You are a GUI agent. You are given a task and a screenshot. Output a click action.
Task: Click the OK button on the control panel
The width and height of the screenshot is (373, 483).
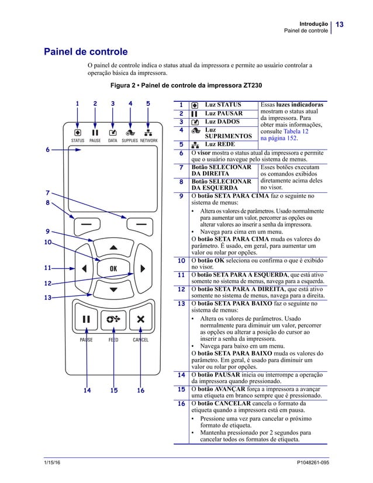pos(113,268)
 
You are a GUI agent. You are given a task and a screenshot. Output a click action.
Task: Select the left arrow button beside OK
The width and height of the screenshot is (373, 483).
pos(84,268)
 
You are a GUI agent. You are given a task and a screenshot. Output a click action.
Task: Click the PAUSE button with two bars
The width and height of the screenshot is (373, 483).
pos(86,319)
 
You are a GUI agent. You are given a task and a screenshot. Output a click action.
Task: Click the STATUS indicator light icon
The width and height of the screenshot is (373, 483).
pos(77,132)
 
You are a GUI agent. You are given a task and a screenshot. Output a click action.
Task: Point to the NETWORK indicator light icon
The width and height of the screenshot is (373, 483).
pos(148,132)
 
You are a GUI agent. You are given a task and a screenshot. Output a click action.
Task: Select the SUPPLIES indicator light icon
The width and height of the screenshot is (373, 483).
pos(130,132)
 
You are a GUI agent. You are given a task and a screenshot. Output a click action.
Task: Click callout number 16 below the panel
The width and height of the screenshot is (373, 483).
pos(140,391)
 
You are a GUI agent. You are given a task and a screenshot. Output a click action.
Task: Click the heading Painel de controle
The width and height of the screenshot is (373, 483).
pos(86,52)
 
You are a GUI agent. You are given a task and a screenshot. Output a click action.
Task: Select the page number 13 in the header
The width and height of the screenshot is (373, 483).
pos(339,24)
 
